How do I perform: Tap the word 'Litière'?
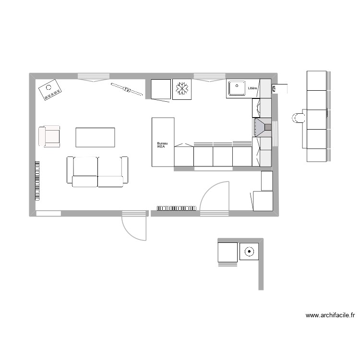point(252,89)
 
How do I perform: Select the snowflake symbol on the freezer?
point(182,89)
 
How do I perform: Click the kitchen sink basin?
point(237,89)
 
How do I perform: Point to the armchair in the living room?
point(50,136)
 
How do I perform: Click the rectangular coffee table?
point(95,137)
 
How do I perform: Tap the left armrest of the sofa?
point(70,169)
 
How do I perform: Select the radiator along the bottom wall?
point(176,208)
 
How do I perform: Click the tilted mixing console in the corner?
point(50,90)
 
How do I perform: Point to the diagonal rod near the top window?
point(127,90)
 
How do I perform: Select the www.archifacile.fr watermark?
point(330,315)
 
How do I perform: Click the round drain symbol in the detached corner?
point(249,251)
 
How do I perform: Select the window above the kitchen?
point(207,76)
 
